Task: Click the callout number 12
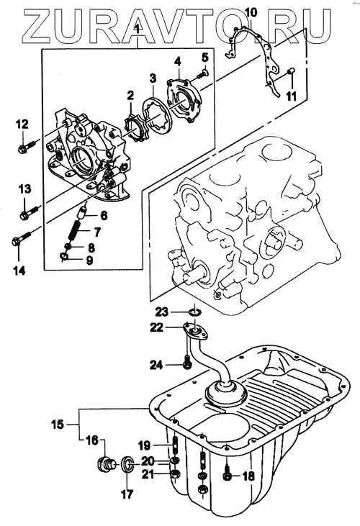pyautogui.click(x=23, y=124)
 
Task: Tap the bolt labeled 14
pyautogui.click(x=21, y=239)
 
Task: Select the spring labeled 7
pyautogui.click(x=75, y=230)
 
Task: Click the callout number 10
pyautogui.click(x=251, y=13)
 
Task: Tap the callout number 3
pyautogui.click(x=153, y=78)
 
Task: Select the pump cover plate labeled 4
pyautogui.click(x=184, y=101)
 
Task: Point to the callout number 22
pyautogui.click(x=157, y=327)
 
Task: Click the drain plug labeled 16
pyautogui.click(x=106, y=464)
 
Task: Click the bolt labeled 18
pyautogui.click(x=228, y=474)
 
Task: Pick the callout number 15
pyautogui.click(x=58, y=424)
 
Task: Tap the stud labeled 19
pyautogui.click(x=175, y=444)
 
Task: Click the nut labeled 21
pyautogui.click(x=175, y=474)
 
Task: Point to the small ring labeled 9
pyautogui.click(x=64, y=257)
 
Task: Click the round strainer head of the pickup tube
pyautogui.click(x=226, y=392)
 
